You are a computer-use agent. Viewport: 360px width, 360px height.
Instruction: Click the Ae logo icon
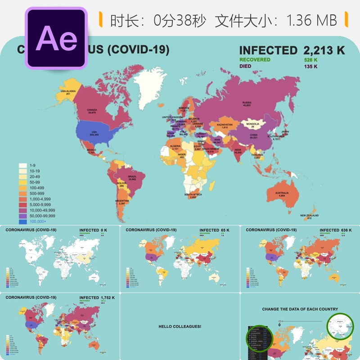click(x=56, y=38)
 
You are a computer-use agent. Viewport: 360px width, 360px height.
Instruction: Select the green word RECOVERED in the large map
click(x=255, y=60)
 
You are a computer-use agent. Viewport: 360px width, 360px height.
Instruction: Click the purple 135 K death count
click(x=310, y=67)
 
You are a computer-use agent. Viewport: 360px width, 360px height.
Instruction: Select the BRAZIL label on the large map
click(x=132, y=177)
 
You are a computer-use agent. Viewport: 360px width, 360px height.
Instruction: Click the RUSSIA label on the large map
click(x=247, y=102)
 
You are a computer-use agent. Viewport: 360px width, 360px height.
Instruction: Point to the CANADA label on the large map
click(x=92, y=110)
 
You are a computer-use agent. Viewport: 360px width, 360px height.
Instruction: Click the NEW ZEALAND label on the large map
click(x=310, y=216)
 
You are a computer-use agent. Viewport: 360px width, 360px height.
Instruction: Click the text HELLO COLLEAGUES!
click(x=180, y=326)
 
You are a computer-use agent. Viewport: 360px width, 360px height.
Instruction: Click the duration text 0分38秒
click(x=180, y=20)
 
